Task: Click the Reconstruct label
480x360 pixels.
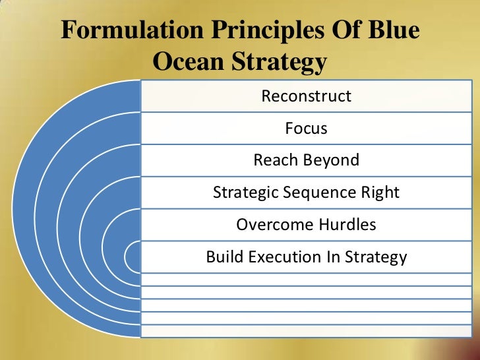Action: coord(307,96)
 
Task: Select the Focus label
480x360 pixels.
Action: coord(307,129)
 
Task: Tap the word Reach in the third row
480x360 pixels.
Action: coord(276,160)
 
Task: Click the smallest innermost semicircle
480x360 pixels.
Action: coord(133,257)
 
